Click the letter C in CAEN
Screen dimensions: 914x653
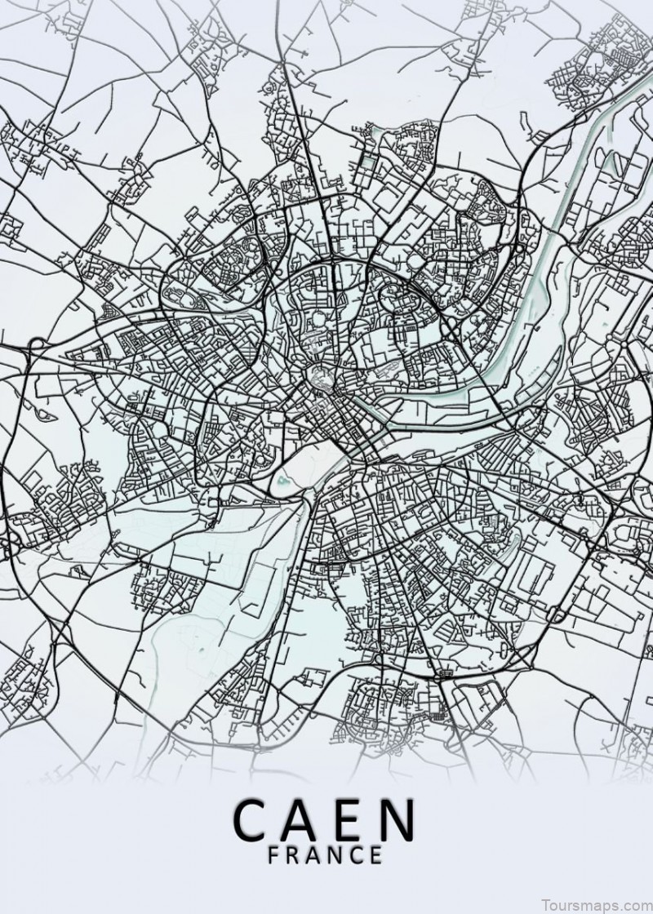pyautogui.click(x=254, y=823)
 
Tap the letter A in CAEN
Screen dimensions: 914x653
pyautogui.click(x=306, y=823)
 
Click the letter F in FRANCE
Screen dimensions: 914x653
pyautogui.click(x=275, y=856)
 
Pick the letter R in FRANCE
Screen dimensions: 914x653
pyautogui.click(x=295, y=856)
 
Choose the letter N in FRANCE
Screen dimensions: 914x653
pyautogui.click(x=337, y=856)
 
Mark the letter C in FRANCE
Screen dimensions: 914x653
pyautogui.click(x=357, y=856)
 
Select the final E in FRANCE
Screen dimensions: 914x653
pyautogui.click(x=375, y=856)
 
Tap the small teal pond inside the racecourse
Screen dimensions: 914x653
pyautogui.click(x=285, y=481)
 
